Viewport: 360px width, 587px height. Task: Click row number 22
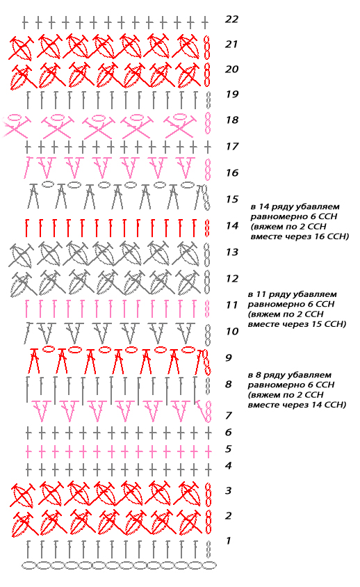pos(231,19)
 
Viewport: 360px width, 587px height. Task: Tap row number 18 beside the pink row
pos(232,120)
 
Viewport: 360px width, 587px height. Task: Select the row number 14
pos(232,226)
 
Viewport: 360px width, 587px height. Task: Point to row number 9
pos(228,358)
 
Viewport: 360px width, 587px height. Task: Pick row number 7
pos(228,415)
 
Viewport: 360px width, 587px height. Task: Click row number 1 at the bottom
pos(228,540)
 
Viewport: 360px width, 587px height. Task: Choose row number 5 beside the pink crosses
pos(228,449)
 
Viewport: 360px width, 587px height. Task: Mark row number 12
pos(232,278)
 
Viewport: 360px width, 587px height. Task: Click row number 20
pos(231,70)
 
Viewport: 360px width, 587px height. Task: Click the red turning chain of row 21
pos(206,47)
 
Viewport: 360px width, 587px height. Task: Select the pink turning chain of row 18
pos(207,123)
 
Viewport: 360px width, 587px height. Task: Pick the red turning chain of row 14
pos(207,228)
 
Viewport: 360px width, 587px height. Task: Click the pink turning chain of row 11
pos(206,308)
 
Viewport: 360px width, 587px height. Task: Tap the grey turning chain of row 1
pos(208,549)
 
